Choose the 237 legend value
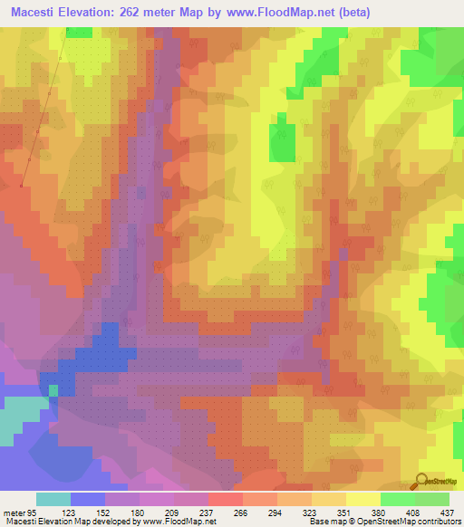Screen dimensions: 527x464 pos(208,513)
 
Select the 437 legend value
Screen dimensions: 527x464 pos(447,513)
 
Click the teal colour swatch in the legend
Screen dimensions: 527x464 pos(53,499)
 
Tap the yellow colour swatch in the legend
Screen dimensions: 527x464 pos(362,499)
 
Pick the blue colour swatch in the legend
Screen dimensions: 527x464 pos(88,499)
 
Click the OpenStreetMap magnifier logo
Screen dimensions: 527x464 pos(423,481)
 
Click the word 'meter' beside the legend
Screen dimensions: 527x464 pos(13,513)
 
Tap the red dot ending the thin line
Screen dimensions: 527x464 pos(20,186)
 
